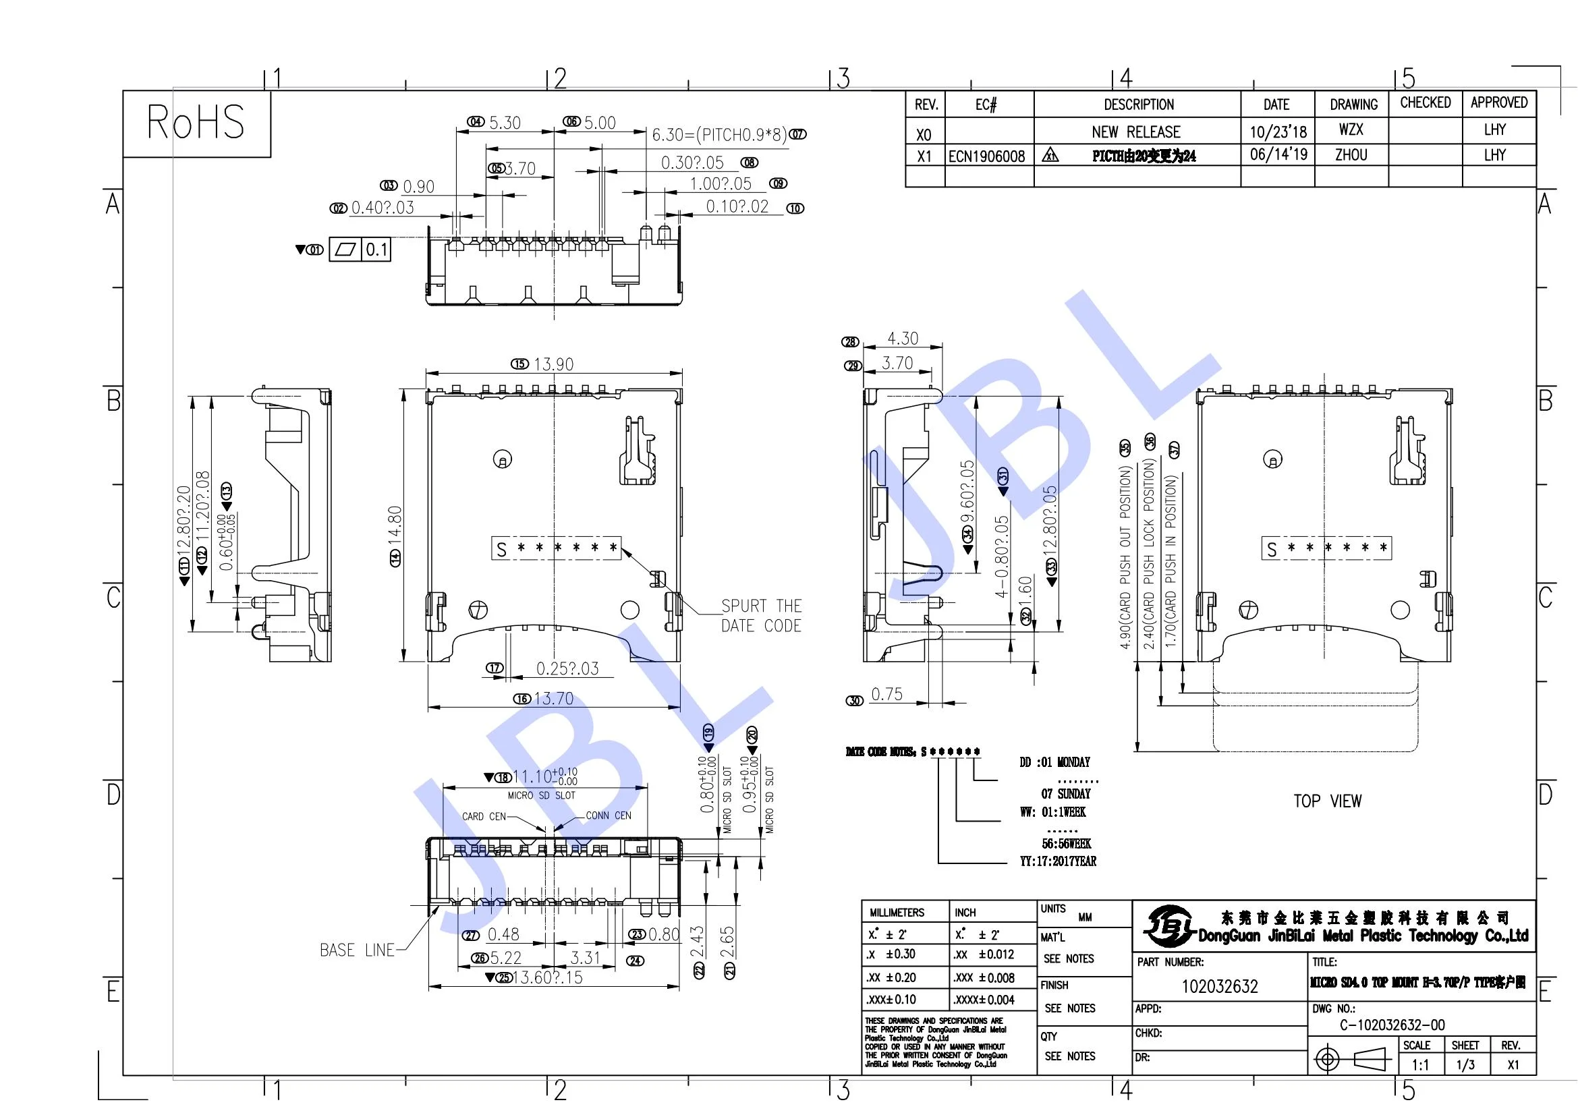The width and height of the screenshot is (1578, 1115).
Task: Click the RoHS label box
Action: [x=196, y=123]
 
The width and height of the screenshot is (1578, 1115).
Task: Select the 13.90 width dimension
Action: [x=553, y=364]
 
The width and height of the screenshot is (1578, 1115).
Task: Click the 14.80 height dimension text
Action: [x=395, y=526]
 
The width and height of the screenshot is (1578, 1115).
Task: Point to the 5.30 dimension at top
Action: [x=505, y=123]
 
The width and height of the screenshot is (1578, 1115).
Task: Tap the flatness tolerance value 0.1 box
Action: [x=376, y=250]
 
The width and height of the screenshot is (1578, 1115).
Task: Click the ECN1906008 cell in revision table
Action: [x=986, y=156]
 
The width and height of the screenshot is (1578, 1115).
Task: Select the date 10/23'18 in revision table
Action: [x=1278, y=131]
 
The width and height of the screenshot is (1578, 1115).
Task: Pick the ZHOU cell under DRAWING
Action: [x=1351, y=155]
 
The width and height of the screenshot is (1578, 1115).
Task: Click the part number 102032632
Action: [x=1219, y=987]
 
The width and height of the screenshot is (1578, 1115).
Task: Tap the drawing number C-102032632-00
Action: [x=1392, y=1025]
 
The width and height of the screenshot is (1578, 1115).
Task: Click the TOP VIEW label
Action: [x=1327, y=801]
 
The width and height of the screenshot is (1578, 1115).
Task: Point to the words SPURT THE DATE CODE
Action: [x=761, y=616]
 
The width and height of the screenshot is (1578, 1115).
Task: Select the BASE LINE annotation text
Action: [x=357, y=950]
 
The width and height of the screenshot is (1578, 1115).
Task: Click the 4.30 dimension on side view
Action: [x=902, y=339]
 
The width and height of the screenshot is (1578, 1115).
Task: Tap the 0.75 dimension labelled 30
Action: [x=886, y=695]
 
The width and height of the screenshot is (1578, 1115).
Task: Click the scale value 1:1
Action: [x=1420, y=1065]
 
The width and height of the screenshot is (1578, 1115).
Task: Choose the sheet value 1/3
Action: [x=1465, y=1065]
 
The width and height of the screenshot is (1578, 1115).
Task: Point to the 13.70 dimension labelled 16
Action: [x=553, y=699]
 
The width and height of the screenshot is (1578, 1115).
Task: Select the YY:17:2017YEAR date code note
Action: [x=1058, y=861]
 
